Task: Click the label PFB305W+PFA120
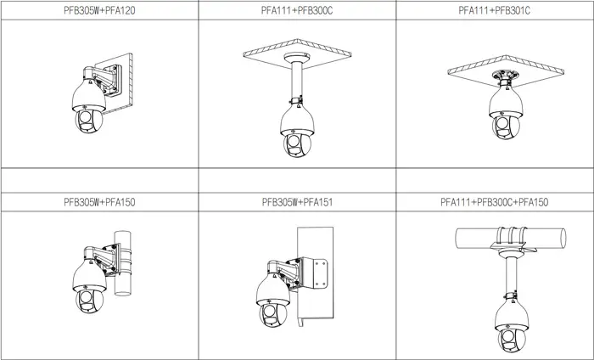tap(99, 10)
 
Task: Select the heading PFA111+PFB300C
tap(297, 10)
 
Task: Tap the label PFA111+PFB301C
tap(495, 10)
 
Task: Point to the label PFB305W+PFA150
tap(99, 202)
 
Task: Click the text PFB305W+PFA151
tap(297, 202)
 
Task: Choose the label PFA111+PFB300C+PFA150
tap(495, 202)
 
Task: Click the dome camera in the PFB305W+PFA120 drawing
tap(88, 106)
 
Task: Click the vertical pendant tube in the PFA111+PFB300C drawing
tap(297, 82)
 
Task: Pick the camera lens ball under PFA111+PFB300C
tap(297, 144)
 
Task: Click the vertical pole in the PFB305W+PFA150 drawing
tap(123, 263)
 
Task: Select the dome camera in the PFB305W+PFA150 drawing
tap(89, 286)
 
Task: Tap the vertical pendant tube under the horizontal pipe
tap(512, 275)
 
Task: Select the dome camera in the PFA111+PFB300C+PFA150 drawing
tap(512, 326)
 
